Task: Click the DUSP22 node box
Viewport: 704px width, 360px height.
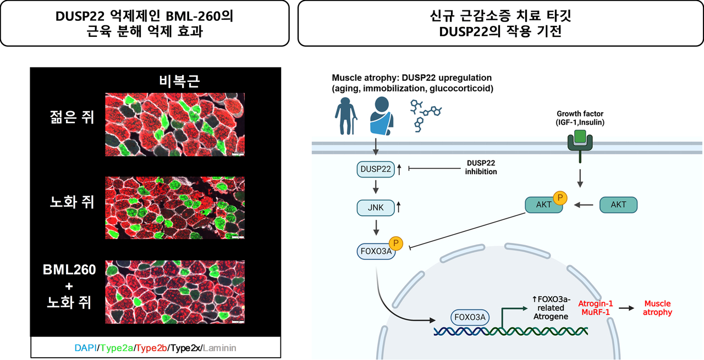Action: [375, 169]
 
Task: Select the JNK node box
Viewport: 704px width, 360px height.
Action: [375, 207]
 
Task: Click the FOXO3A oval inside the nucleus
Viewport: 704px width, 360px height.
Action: [469, 317]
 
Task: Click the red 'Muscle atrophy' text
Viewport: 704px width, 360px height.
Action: [657, 308]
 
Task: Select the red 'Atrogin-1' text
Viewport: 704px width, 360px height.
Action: [595, 303]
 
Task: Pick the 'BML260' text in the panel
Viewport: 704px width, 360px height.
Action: [70, 270]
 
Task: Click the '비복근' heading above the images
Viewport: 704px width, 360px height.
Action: [175, 81]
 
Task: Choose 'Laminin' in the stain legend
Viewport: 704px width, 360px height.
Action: [220, 348]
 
